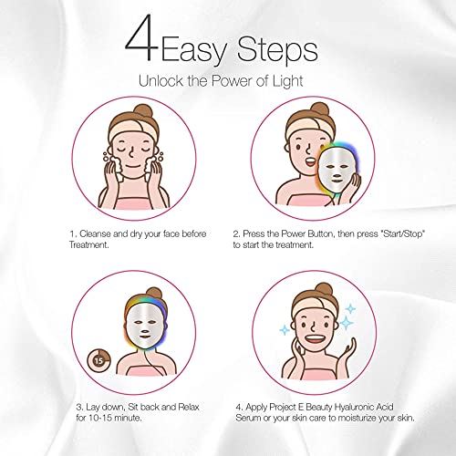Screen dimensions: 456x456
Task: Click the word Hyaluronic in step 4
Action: pyautogui.click(x=380, y=412)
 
